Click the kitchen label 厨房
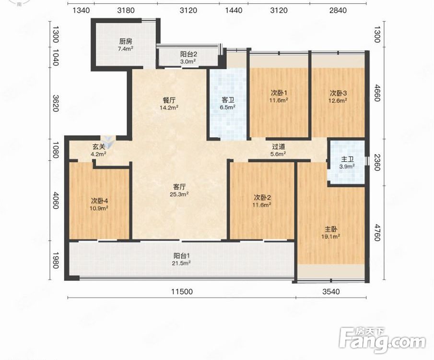pos(126,42)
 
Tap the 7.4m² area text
pos(126,49)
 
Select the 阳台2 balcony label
pos(188,54)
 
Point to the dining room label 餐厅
pos(168,100)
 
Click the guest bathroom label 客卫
pos(228,100)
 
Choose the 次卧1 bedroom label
pos(279,93)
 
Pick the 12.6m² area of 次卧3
pos(338,100)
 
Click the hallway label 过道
pos(279,146)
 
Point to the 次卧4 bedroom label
pos(99,200)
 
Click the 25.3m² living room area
pos(179,194)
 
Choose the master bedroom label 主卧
pos(331,229)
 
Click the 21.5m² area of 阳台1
pos(181,263)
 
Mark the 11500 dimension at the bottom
pos(182,291)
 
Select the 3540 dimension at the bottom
pos(331,291)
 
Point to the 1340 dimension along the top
pos(81,10)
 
